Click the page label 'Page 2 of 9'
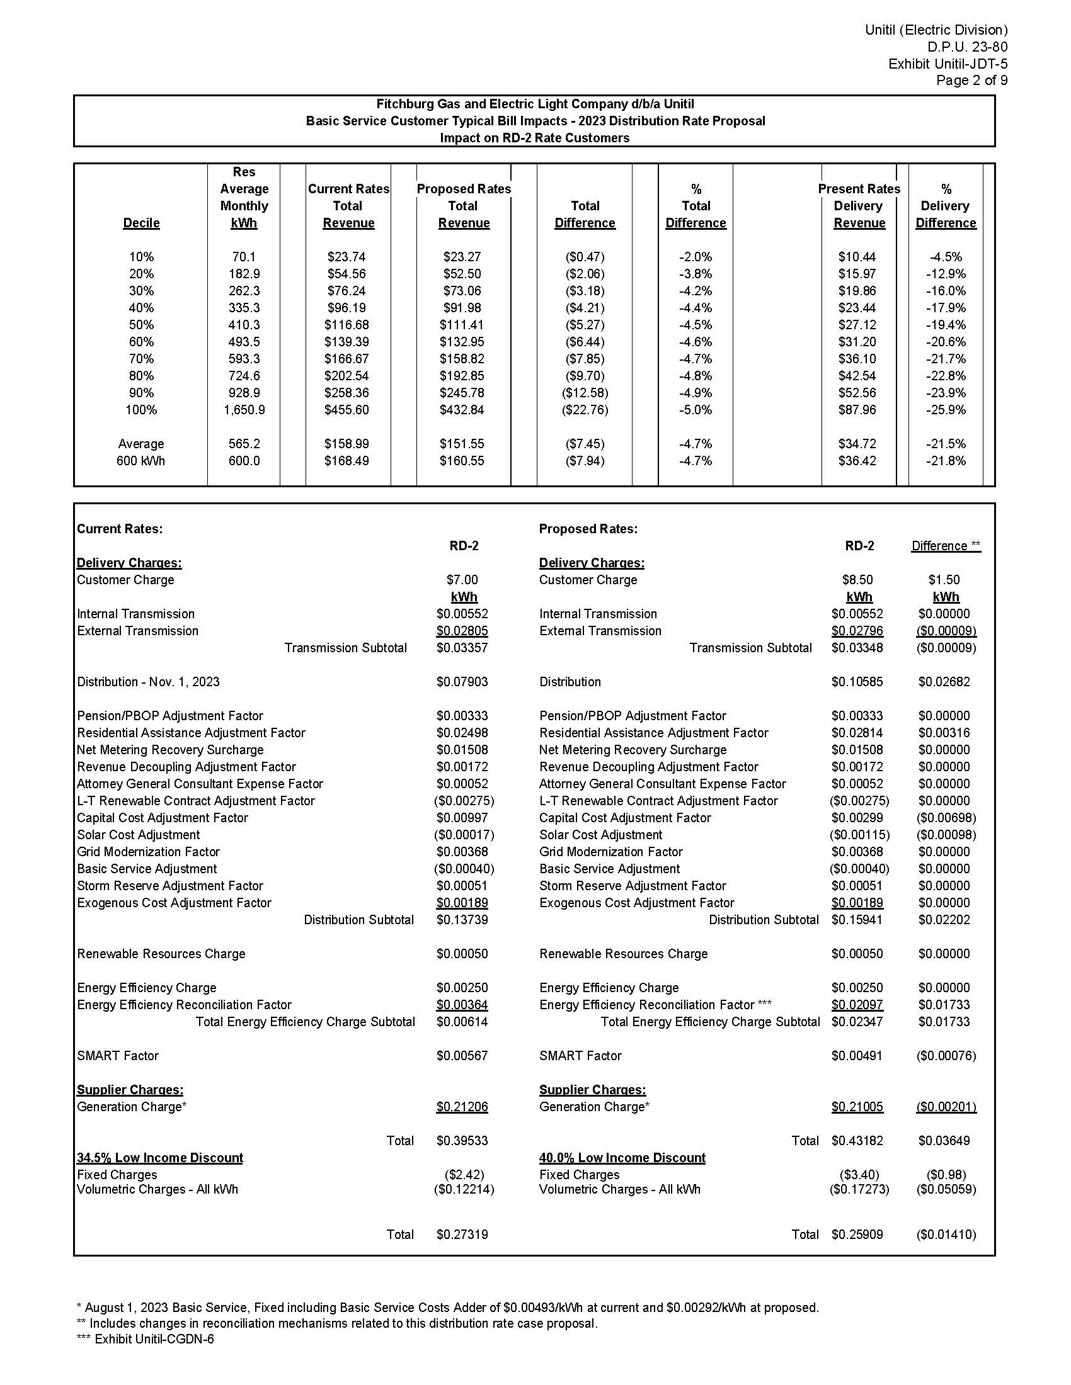[971, 81]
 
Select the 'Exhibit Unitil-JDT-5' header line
[948, 64]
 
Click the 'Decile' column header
[142, 223]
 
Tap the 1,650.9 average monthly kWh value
[244, 410]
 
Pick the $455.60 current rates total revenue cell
[346, 410]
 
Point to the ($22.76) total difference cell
[585, 410]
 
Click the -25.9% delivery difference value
[946, 410]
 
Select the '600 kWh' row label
[141, 461]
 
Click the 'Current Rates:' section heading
[120, 529]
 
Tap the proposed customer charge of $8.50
[857, 580]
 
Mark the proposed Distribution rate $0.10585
[857, 682]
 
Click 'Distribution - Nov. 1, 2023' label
[149, 682]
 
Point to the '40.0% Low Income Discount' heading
[622, 1158]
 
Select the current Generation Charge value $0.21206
[462, 1107]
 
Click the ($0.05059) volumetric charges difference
[946, 1190]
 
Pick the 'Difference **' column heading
[946, 546]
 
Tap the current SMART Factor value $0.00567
[462, 1056]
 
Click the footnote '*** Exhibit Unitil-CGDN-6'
[146, 1339]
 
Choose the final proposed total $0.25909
[857, 1235]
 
